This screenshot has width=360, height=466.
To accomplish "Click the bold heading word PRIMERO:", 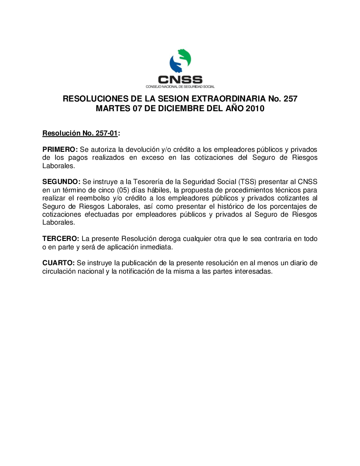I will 60,150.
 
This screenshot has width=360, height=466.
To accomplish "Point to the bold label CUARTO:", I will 59,263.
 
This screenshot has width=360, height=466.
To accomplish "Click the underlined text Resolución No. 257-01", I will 80,133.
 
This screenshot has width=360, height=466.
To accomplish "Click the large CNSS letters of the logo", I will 180,79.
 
